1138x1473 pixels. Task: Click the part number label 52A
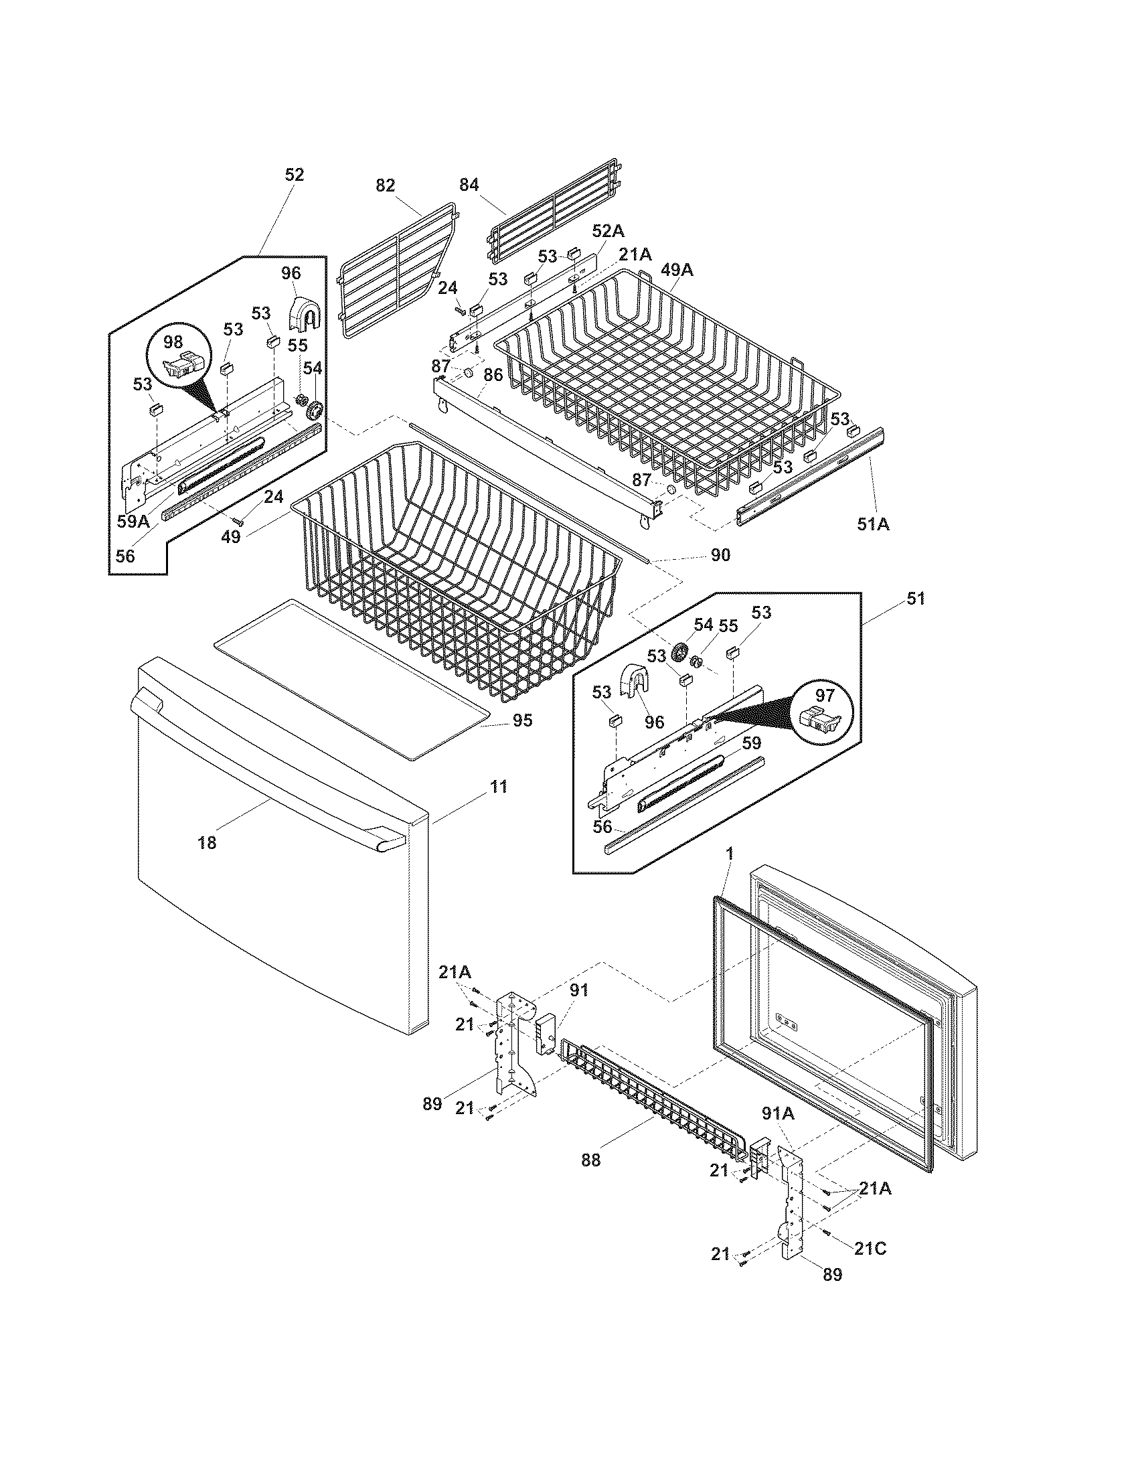pos(607,231)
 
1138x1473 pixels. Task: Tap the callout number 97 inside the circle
pos(825,696)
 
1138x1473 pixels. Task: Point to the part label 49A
pos(677,270)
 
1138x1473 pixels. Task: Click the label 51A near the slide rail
pos(873,524)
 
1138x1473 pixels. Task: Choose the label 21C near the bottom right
pos(870,1249)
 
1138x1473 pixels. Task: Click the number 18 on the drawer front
pos(207,842)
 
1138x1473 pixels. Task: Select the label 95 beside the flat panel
pos(522,720)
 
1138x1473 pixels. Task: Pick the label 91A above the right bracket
pos(778,1114)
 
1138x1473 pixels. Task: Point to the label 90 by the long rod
pos(720,555)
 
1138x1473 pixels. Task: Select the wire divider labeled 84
pos(553,209)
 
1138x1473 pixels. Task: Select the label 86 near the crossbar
pos(493,375)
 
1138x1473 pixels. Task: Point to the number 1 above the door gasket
pos(730,854)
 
